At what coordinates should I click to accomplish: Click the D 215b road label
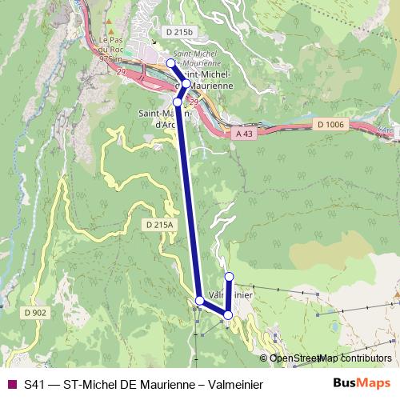click(x=178, y=32)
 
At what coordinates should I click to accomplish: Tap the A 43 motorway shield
click(x=248, y=135)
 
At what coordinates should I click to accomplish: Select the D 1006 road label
click(x=330, y=125)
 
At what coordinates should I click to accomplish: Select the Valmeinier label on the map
click(x=232, y=294)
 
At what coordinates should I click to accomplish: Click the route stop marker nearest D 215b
click(x=170, y=63)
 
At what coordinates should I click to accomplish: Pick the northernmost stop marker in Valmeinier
click(x=229, y=277)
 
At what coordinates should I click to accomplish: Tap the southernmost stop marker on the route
click(x=228, y=315)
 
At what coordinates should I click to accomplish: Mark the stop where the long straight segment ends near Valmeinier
click(x=199, y=300)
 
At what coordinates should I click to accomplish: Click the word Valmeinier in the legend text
click(x=234, y=384)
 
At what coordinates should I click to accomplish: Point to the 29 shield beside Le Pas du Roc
click(x=122, y=73)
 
